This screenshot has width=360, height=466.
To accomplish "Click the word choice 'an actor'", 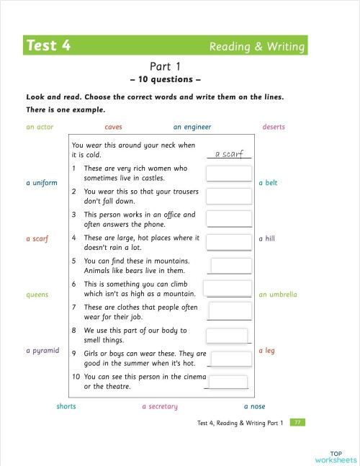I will click(40, 127).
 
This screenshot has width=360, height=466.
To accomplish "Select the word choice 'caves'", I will click(113, 127).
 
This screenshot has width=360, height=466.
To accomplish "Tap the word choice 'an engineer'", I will click(192, 127).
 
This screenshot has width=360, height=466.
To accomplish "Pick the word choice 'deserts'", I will click(274, 127).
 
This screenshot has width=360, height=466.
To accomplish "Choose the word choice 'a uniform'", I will click(42, 183).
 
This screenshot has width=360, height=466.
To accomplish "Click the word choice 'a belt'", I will click(268, 183).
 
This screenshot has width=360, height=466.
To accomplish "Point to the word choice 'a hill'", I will click(266, 238).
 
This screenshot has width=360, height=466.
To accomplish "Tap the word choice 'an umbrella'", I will click(278, 295).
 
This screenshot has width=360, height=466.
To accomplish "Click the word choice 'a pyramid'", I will click(42, 351).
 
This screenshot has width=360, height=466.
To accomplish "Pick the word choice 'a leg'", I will click(266, 351).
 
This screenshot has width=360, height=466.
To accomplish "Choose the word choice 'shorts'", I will click(66, 406).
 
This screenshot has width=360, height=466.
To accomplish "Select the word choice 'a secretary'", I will click(159, 406).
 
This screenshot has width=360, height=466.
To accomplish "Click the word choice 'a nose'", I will click(254, 406).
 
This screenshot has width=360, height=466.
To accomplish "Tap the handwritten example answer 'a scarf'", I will click(229, 153).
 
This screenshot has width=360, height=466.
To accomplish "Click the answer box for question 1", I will click(228, 174).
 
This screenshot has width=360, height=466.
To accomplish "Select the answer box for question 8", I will click(227, 336).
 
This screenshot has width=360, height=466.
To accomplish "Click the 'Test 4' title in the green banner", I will click(48, 46).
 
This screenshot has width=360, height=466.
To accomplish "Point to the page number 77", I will click(297, 423).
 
